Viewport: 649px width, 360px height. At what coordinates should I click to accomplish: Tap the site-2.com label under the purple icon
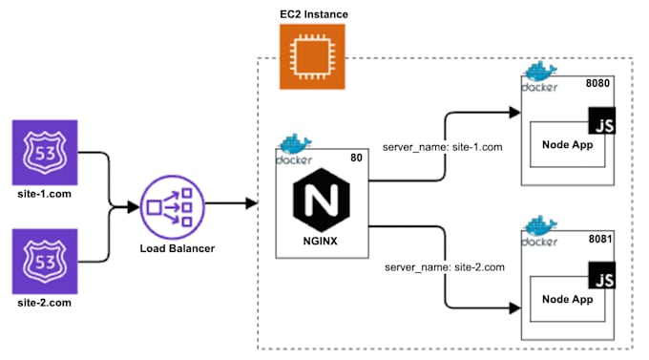click(37, 303)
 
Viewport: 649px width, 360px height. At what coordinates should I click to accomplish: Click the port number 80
click(355, 158)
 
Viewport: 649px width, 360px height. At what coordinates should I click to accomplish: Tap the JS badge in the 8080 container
click(602, 124)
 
